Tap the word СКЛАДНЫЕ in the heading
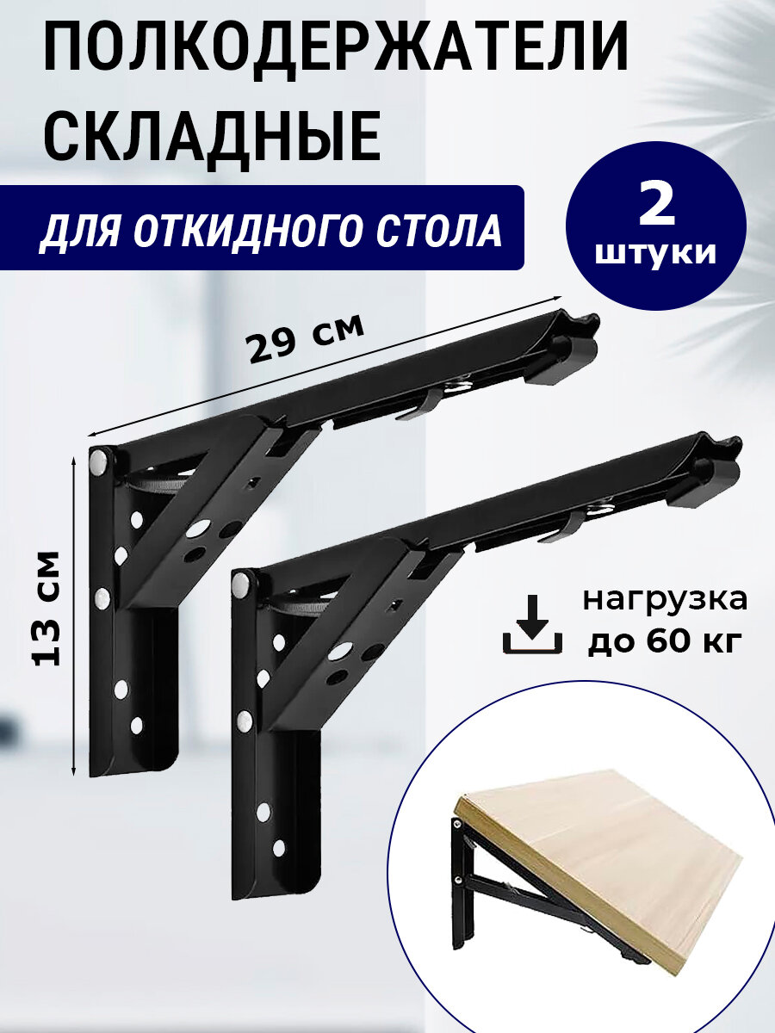pyautogui.click(x=212, y=138)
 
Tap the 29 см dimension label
pyautogui.click(x=305, y=338)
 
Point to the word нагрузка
pyautogui.click(x=664, y=600)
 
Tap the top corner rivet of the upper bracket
pyautogui.click(x=101, y=461)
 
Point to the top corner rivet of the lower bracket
pyautogui.click(x=243, y=585)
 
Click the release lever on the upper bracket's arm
pyautogui.click(x=418, y=403)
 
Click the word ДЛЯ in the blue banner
pyautogui.click(x=70, y=231)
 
